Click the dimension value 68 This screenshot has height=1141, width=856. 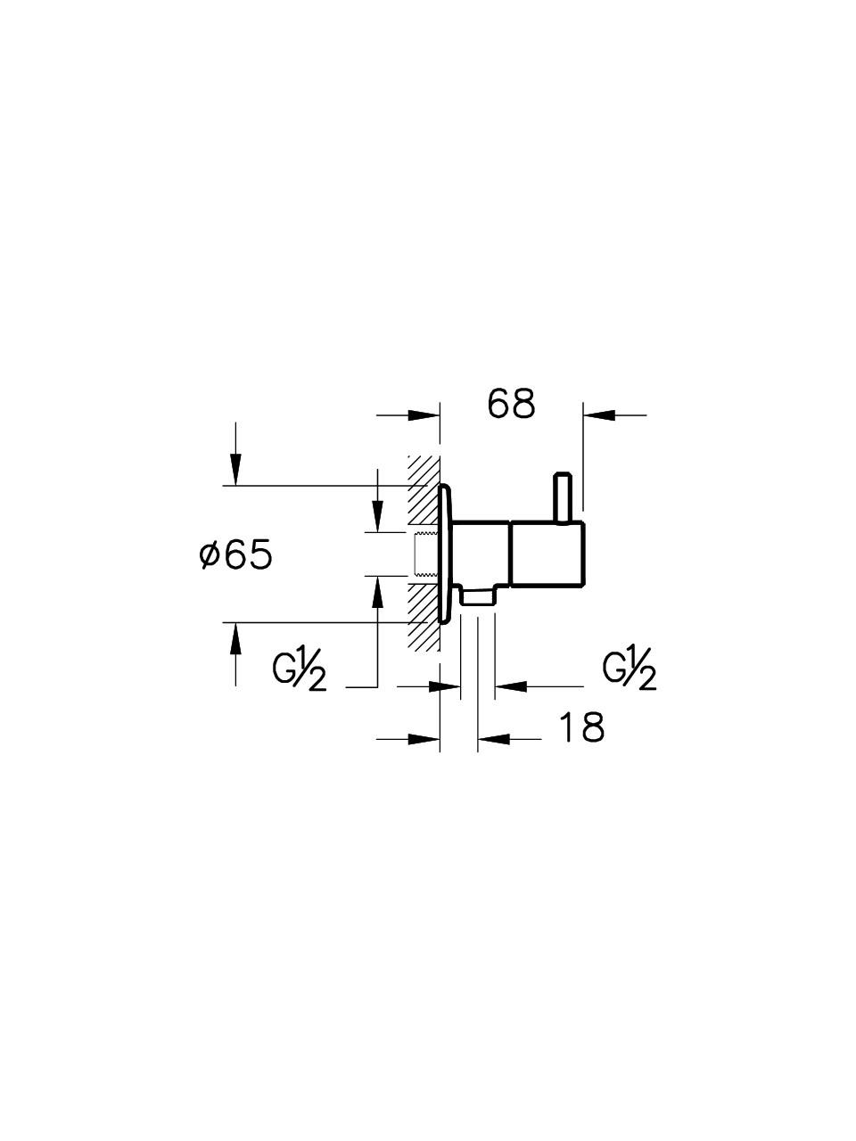tap(512, 404)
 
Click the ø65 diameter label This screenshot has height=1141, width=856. tap(235, 555)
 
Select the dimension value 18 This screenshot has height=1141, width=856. tap(581, 727)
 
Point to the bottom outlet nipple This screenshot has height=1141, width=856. tap(477, 595)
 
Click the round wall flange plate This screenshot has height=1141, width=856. tap(446, 553)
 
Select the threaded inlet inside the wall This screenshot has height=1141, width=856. tap(427, 554)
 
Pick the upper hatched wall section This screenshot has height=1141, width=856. tap(423, 490)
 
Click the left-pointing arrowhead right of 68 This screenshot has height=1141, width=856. tap(598, 414)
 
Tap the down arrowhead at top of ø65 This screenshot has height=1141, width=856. tap(235, 469)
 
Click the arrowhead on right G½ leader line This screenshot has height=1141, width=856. tap(510, 685)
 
